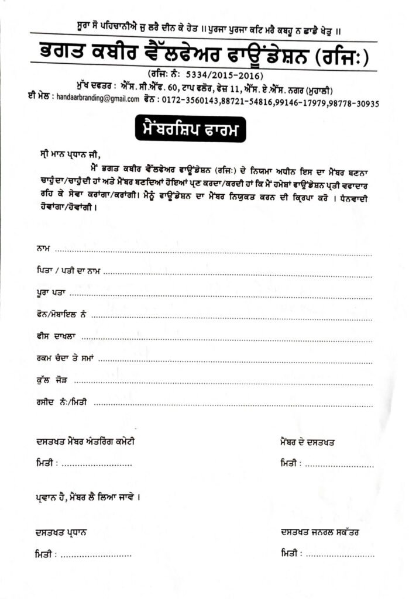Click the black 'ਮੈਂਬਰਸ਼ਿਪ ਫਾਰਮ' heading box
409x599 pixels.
pyautogui.click(x=188, y=129)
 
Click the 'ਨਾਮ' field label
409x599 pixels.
pyautogui.click(x=43, y=249)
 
